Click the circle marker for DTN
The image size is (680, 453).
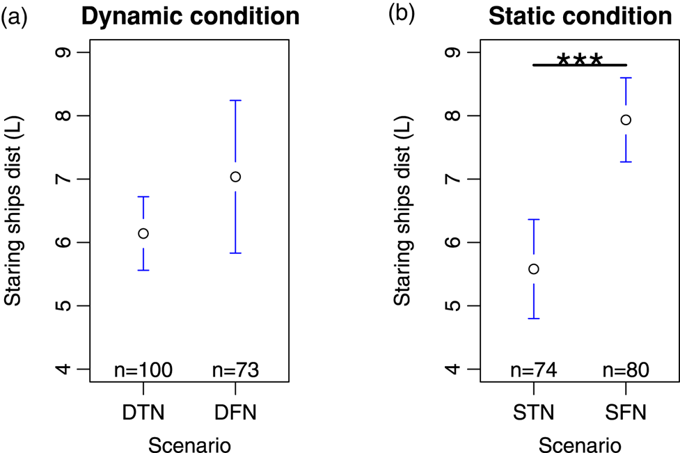[x=143, y=234]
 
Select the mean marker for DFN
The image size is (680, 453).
[x=235, y=177]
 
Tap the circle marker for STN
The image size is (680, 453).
[x=534, y=269]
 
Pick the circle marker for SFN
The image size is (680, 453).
[x=626, y=120]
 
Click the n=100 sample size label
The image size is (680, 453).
[x=143, y=370]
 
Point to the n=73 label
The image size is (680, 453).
[x=235, y=370]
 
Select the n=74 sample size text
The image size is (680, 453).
[x=534, y=370]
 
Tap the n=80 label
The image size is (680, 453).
[x=626, y=370]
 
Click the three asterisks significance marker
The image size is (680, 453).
[x=579, y=59]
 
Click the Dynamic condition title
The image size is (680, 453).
[x=190, y=17]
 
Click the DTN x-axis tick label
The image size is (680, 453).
[x=143, y=413]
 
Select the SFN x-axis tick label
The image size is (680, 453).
[x=626, y=413]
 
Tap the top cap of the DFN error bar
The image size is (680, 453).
[x=235, y=101]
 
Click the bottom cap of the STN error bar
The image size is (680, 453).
[x=534, y=319]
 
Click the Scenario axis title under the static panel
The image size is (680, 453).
[x=580, y=443]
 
